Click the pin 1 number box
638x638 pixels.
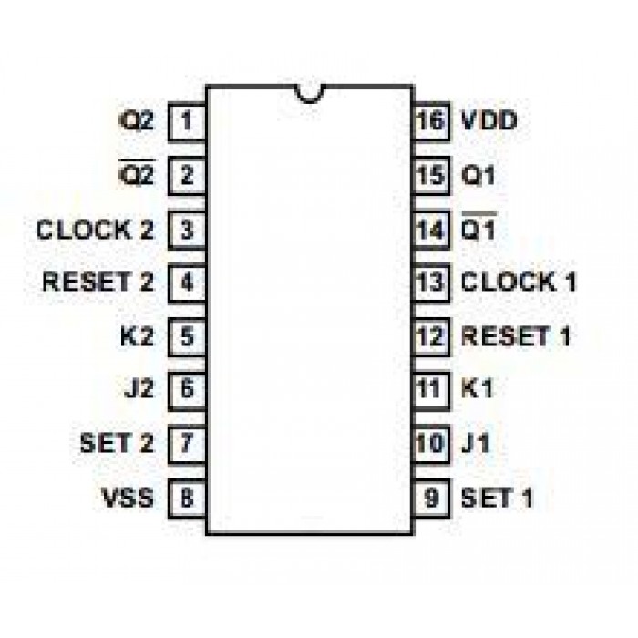(x=187, y=119)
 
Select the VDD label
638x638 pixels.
(x=491, y=119)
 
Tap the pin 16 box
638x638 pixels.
(x=430, y=119)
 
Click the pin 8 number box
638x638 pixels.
(x=187, y=499)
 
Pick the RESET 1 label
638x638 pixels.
(x=516, y=336)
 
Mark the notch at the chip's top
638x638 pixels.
(x=310, y=92)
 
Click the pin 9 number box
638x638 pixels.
(x=430, y=499)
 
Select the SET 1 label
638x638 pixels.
(x=497, y=499)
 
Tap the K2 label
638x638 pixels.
(x=137, y=336)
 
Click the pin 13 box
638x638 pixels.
(x=430, y=282)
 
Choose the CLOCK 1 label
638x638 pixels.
(x=519, y=282)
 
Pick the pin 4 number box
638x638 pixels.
(x=187, y=282)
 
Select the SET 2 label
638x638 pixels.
(x=117, y=445)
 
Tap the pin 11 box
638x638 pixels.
(x=430, y=390)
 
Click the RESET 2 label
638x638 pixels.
(x=98, y=282)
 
